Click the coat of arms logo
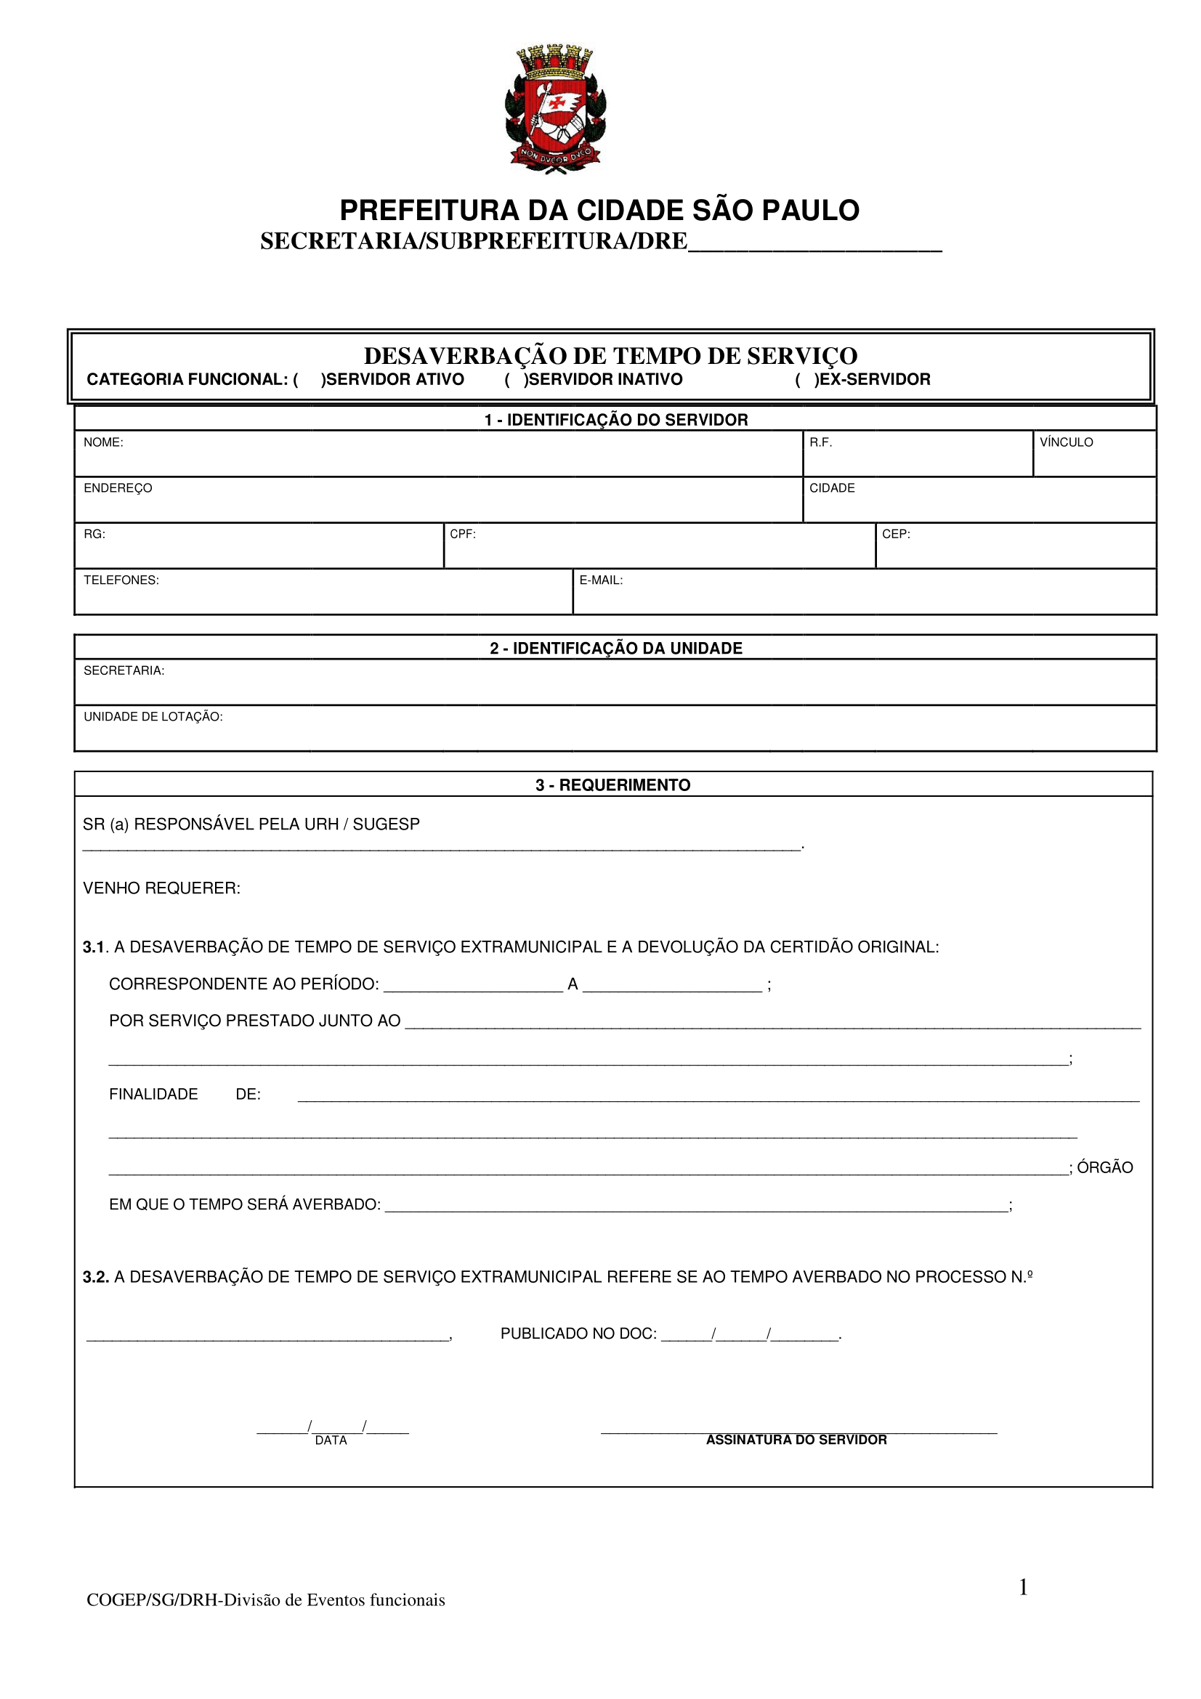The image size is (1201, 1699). tap(555, 109)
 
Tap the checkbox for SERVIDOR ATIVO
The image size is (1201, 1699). tap(310, 380)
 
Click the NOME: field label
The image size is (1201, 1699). tap(104, 442)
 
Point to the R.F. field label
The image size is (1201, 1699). tap(820, 442)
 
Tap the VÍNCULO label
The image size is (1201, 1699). tap(1066, 442)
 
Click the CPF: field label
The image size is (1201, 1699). tap(463, 535)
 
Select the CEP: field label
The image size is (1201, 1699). tap(895, 535)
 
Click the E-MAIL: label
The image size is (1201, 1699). tap(601, 580)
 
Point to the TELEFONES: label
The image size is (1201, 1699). tap(121, 580)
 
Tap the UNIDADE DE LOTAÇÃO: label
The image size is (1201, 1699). tap(153, 717)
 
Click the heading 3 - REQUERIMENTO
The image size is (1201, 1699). tap(612, 785)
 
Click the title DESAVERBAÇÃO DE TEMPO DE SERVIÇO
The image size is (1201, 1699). tap(610, 356)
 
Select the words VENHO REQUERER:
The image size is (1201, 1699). tap(162, 888)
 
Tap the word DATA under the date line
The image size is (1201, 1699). tap(331, 1440)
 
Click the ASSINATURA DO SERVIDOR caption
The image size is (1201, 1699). tap(796, 1439)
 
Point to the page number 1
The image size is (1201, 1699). tap(1024, 1587)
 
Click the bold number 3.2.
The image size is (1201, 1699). tap(96, 1277)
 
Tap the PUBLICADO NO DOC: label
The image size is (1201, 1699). tap(578, 1334)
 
